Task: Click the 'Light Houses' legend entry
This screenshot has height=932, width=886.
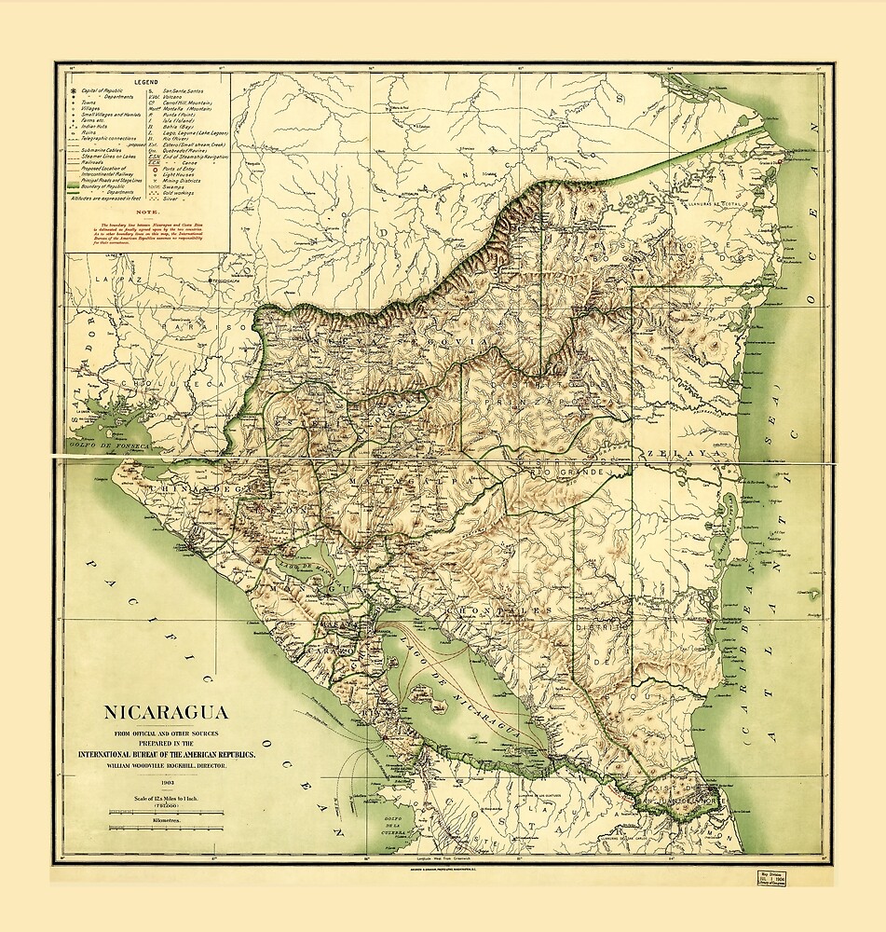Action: coord(183,174)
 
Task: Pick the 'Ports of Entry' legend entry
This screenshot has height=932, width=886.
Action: coord(183,167)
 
